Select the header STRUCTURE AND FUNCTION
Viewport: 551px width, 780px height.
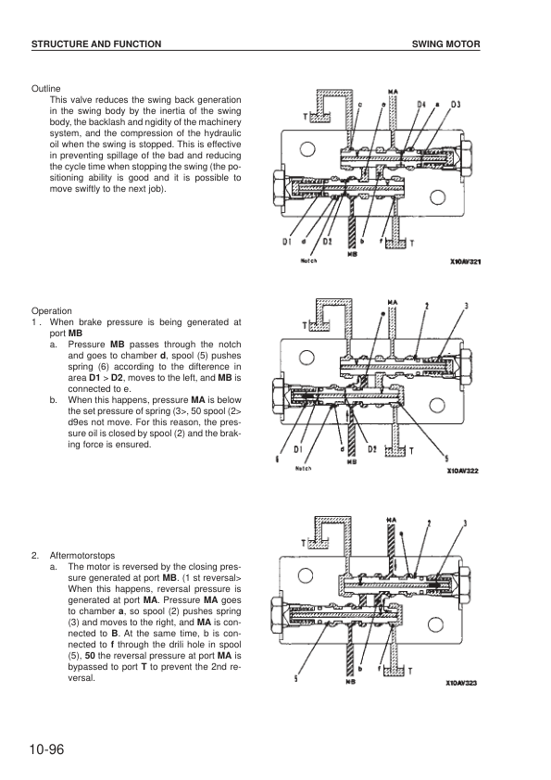click(97, 44)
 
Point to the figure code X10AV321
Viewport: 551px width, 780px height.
click(467, 262)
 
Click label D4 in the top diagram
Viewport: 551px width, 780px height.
click(422, 105)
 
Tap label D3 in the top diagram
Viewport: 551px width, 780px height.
click(456, 105)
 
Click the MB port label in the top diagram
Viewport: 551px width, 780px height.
click(352, 254)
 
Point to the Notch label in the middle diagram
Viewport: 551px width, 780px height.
click(303, 468)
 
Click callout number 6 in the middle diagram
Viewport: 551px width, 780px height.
click(277, 459)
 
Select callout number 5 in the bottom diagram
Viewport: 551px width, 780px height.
click(295, 678)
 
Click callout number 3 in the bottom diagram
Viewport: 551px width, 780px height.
click(465, 523)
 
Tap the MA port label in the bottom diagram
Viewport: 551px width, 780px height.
click(393, 521)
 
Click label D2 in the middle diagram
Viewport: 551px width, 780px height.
click(370, 450)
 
